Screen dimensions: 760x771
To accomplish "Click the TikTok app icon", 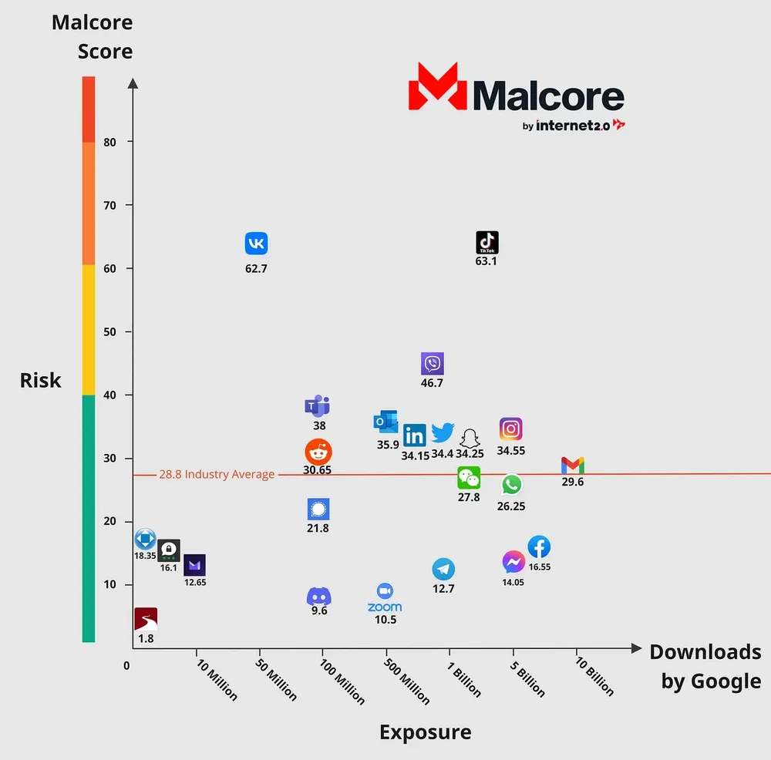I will [487, 242].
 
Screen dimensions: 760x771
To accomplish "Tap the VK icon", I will [256, 244].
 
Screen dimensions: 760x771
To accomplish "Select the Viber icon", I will [433, 364].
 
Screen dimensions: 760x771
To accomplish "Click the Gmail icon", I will [573, 466].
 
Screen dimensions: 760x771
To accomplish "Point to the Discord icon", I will [319, 596].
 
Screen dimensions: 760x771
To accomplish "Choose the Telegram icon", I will [443, 570].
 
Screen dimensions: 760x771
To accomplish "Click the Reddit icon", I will [318, 451].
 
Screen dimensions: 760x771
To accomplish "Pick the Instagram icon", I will [511, 429].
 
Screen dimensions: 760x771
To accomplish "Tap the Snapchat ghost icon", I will [469, 438].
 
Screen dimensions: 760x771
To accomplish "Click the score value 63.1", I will [487, 261].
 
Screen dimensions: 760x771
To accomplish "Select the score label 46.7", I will [433, 383].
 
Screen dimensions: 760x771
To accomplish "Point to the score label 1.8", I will [146, 638].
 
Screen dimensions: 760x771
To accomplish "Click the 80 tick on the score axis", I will [109, 141].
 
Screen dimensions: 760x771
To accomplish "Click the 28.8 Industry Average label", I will [217, 475].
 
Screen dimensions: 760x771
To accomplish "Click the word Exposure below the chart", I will [425, 731].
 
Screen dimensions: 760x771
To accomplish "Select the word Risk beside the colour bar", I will [40, 380].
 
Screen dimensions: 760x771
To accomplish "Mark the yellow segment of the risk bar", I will [89, 330].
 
